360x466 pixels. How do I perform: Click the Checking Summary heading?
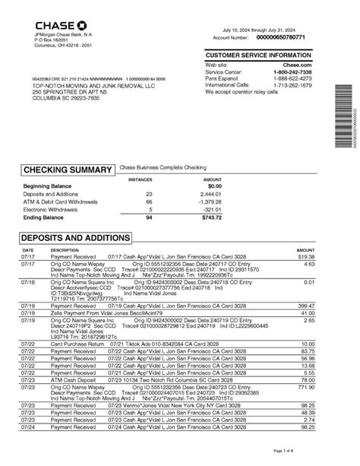click(68, 170)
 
